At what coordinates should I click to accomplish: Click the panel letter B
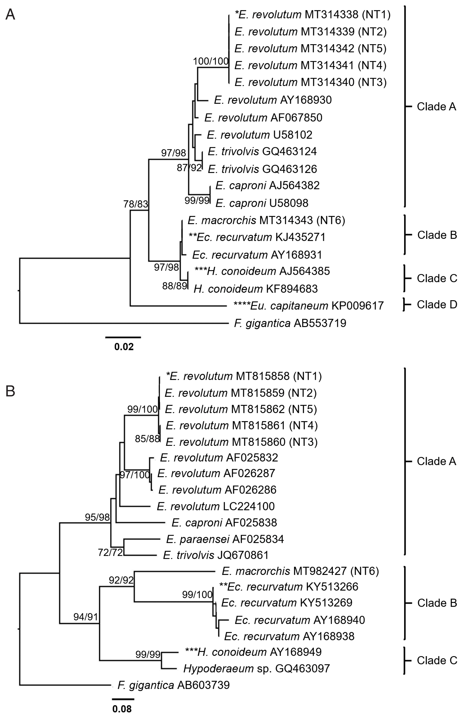[10, 392]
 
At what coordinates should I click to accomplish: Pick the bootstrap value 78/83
[136, 204]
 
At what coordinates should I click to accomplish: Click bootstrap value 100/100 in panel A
[211, 61]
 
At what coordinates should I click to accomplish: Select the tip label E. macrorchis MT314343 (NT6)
[266, 220]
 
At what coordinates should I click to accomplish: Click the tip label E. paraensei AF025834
[225, 539]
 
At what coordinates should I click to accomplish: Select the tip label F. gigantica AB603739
[173, 685]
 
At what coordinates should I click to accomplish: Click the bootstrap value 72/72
[110, 552]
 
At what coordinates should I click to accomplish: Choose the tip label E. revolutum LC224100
[216, 506]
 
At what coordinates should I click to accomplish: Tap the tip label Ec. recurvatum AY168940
[300, 620]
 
